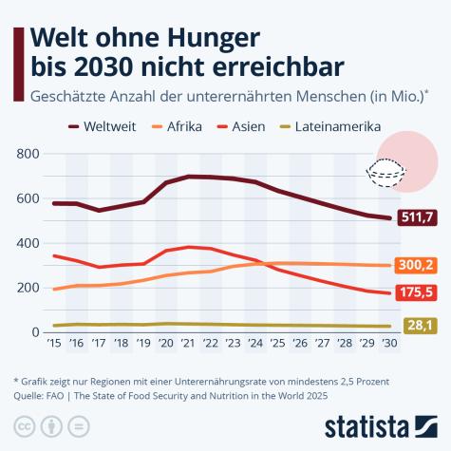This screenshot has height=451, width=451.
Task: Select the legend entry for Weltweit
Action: [108, 125]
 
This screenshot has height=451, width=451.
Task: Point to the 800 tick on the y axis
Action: [28, 154]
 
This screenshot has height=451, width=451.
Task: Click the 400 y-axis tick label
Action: [28, 243]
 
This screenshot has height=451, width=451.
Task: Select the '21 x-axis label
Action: [188, 344]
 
